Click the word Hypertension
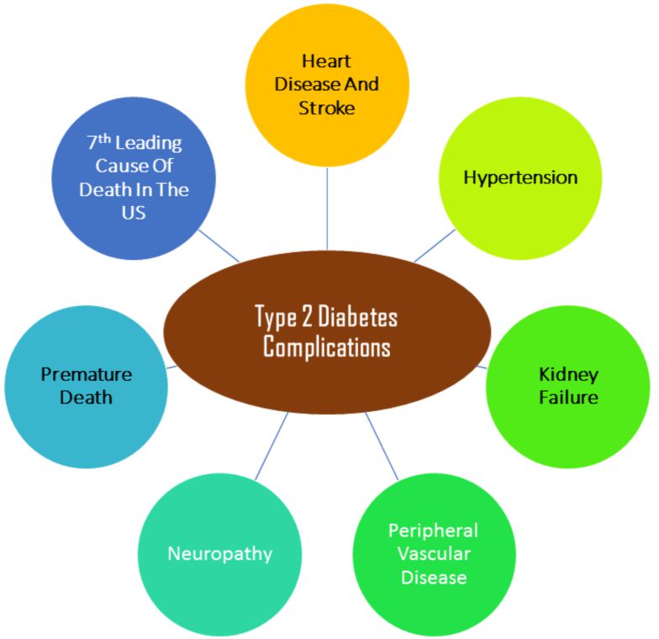pos(520,177)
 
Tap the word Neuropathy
pos(219,553)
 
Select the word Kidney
pos(568,374)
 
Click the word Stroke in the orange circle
pos(327,108)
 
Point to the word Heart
pos(327,61)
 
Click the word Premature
pos(87,374)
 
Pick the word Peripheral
pos(433,531)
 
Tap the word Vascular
pos(434,554)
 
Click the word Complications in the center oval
pos(326,346)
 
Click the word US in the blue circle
pos(134,213)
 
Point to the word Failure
pos(568,397)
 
